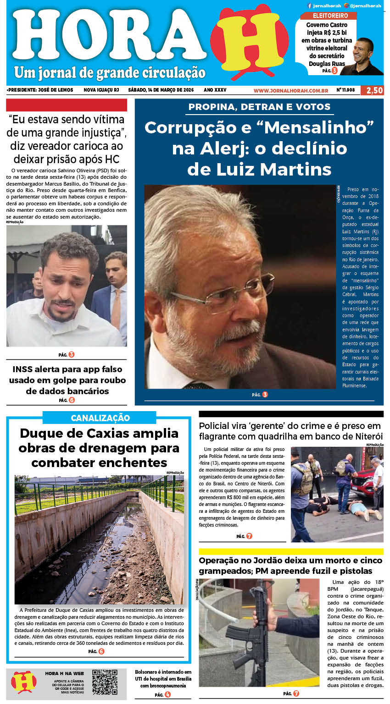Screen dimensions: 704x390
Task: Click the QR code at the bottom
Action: point(105,682)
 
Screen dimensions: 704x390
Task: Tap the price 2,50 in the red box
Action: point(374,90)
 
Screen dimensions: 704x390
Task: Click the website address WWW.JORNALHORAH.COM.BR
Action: point(290,91)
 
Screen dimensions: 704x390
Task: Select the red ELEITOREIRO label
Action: point(330,16)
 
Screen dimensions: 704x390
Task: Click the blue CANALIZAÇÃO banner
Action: point(100,418)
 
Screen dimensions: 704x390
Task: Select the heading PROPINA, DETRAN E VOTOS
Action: point(259,107)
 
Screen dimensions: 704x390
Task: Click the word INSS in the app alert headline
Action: point(22,369)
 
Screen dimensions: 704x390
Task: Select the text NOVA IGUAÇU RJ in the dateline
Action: point(101,90)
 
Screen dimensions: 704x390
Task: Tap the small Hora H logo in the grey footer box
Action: point(24,682)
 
